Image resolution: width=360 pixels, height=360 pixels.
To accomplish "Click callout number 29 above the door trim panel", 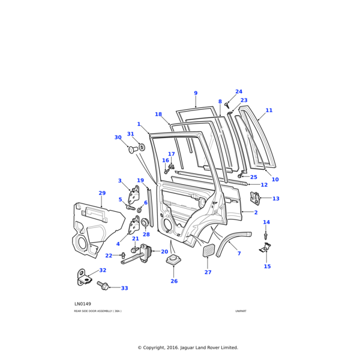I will point(102,193).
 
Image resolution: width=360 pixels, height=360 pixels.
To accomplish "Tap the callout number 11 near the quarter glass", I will point(269,110).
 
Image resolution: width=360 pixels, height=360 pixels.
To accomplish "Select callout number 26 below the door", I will point(174,281).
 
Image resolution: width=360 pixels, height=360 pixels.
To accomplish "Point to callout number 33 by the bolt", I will point(124,288).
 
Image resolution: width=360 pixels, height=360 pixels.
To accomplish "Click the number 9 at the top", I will point(196,93).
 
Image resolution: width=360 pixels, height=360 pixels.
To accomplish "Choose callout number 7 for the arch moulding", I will point(239,254).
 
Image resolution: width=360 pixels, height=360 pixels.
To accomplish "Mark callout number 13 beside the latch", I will point(276,199).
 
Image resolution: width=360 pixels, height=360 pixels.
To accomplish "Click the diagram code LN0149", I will point(83,304).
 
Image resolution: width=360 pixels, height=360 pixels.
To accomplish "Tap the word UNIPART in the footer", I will point(241,311).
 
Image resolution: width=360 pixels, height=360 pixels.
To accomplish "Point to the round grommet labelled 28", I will point(145,223).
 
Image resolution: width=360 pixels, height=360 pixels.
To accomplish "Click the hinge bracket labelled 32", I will point(82,277).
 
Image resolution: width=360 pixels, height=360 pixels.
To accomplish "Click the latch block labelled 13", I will point(254,197).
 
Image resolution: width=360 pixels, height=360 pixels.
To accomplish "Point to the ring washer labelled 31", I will point(142,147).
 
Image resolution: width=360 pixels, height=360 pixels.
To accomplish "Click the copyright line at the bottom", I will point(188,347).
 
